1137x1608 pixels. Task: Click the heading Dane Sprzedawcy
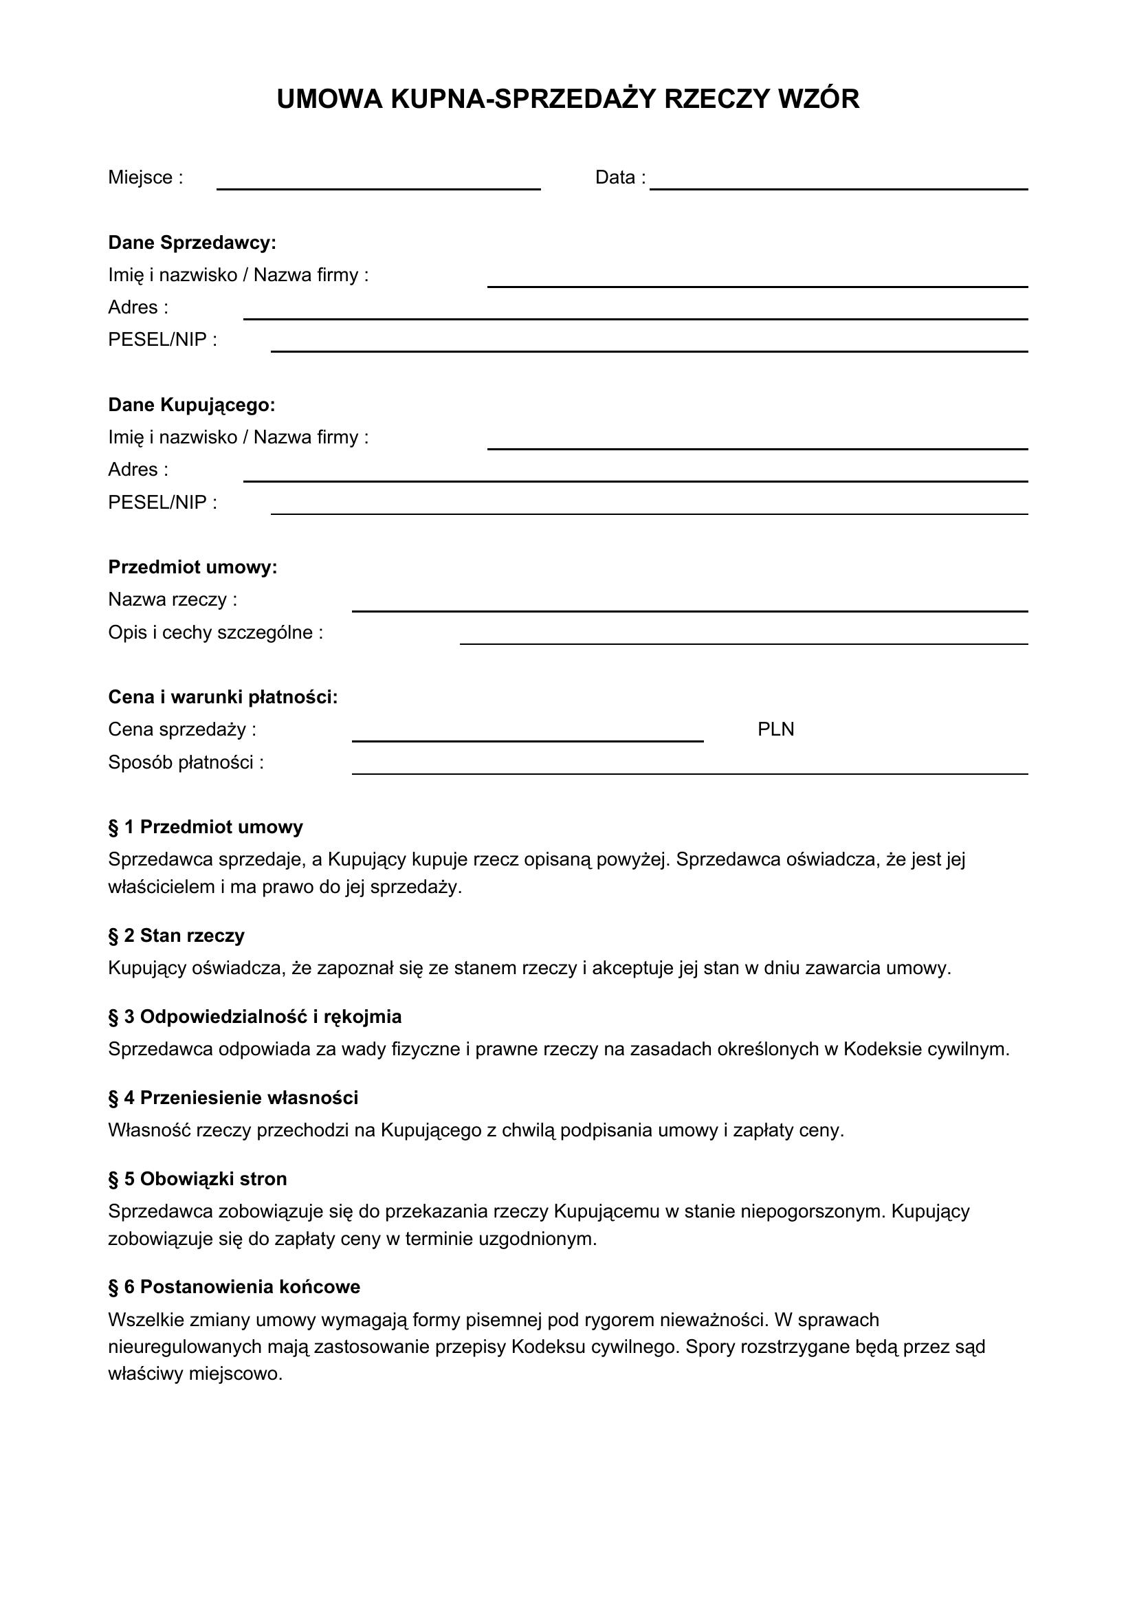[192, 243]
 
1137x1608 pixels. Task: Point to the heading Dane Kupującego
[191, 405]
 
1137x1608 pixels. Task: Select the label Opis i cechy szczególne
[215, 632]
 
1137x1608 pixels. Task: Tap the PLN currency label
[775, 730]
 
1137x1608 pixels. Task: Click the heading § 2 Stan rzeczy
[177, 936]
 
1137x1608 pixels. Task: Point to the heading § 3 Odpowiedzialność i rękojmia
[255, 1017]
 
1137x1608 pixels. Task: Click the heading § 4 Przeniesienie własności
[233, 1097]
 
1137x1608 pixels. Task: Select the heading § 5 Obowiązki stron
[197, 1179]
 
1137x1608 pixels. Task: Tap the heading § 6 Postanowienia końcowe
[234, 1286]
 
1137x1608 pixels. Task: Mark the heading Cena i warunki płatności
[223, 697]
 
